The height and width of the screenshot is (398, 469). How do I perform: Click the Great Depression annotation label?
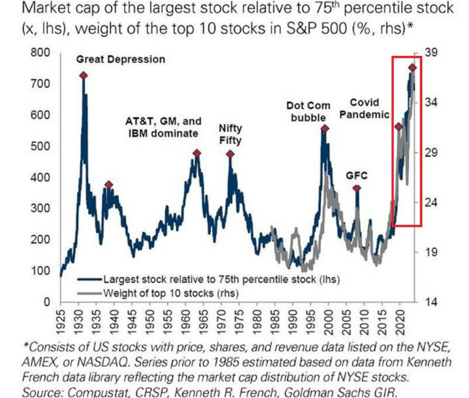[120, 59]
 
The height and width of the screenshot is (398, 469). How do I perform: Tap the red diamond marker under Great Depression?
[84, 75]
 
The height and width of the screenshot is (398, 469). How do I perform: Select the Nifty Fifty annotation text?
[230, 134]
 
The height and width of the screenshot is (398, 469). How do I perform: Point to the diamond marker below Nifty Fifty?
[230, 154]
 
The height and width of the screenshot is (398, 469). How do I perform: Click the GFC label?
[356, 175]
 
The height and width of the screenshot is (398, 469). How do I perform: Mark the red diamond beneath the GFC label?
[356, 188]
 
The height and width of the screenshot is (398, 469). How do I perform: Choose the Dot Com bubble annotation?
[308, 112]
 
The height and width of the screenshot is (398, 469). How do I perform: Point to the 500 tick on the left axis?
[42, 146]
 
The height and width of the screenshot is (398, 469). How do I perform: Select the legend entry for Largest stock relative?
[213, 280]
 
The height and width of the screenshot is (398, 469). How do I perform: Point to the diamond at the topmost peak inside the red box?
[412, 67]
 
